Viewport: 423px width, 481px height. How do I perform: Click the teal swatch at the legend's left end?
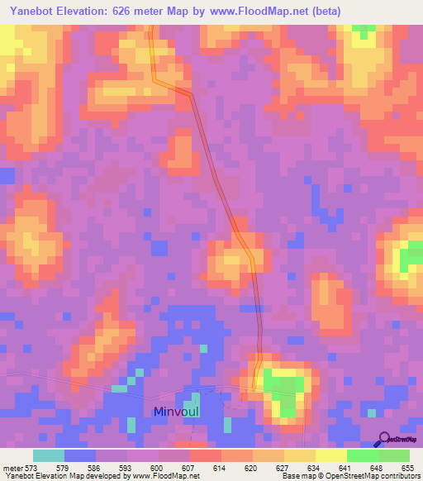tap(48, 455)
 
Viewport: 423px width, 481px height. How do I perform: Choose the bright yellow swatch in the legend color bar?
tap(330, 455)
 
